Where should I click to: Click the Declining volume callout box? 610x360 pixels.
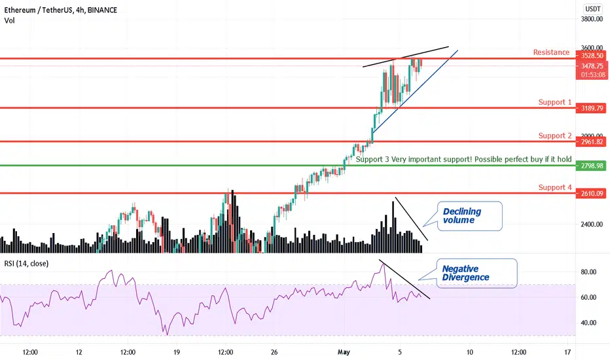click(470, 216)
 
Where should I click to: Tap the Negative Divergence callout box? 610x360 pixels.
click(477, 273)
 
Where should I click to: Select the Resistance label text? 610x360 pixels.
click(551, 52)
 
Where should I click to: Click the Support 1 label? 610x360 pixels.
click(555, 102)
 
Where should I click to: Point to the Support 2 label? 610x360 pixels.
click(555, 135)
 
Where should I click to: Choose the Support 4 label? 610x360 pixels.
click(555, 187)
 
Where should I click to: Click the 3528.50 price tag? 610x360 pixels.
click(592, 56)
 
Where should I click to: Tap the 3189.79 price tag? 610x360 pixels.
click(592, 108)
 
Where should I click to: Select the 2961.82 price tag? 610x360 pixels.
click(592, 141)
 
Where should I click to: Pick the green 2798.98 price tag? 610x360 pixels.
click(592, 166)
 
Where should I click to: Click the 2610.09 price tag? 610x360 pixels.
click(592, 194)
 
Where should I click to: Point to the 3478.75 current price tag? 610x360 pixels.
click(592, 66)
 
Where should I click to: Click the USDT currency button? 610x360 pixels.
click(592, 9)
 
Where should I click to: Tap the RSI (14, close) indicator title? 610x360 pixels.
click(26, 264)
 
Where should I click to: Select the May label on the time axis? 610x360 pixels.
click(344, 352)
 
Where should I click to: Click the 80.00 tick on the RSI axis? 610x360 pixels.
click(588, 272)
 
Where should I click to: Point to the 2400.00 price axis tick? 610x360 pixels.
click(592, 224)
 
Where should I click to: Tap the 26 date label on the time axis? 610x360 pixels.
click(274, 352)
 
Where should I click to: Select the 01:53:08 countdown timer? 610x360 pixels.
click(592, 75)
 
